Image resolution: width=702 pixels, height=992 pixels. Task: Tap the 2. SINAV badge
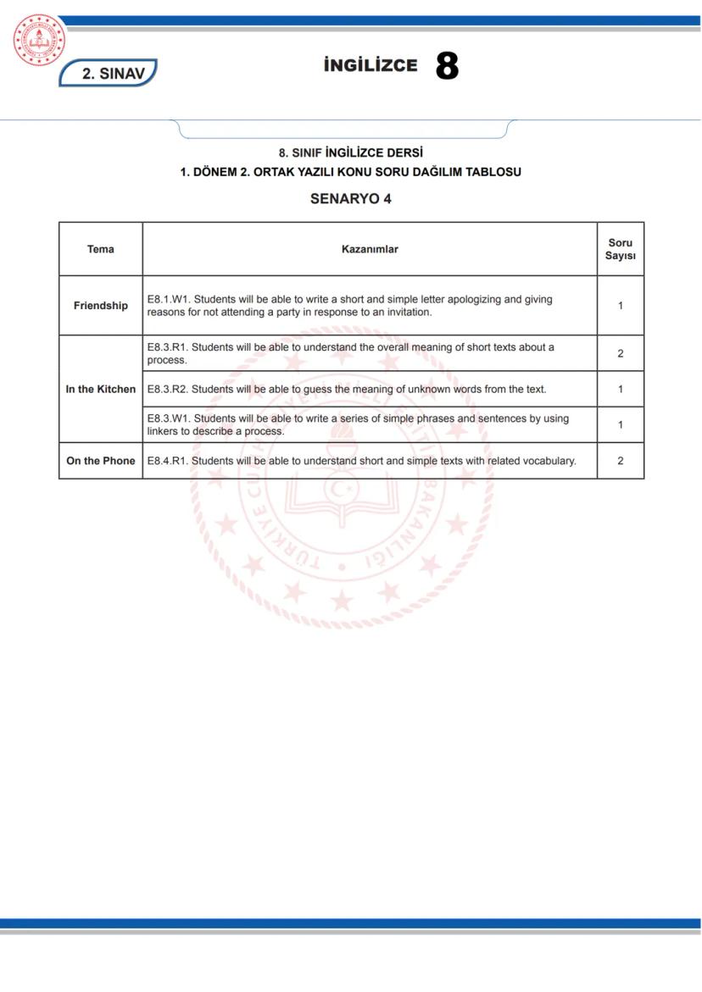(x=109, y=73)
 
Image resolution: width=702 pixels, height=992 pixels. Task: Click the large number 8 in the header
(x=447, y=66)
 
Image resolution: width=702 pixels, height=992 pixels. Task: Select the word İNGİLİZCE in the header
(x=370, y=66)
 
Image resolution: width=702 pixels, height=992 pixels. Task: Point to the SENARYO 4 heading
(x=350, y=199)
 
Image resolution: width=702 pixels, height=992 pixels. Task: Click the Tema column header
(x=100, y=249)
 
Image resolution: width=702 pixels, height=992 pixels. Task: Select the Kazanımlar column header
(x=369, y=249)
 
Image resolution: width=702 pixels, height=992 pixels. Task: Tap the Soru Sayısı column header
(x=620, y=249)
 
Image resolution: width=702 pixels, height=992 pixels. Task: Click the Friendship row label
(x=100, y=306)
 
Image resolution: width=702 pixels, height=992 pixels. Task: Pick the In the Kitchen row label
(x=100, y=389)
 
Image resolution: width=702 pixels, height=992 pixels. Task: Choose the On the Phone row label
(x=100, y=461)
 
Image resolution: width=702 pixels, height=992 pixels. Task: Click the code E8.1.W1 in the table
(x=168, y=299)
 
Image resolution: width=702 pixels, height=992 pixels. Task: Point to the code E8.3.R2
(x=168, y=389)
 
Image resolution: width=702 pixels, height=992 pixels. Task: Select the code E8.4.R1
(x=168, y=461)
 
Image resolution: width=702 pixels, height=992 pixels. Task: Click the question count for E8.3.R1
(x=620, y=353)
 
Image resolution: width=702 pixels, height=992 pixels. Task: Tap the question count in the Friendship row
(x=620, y=306)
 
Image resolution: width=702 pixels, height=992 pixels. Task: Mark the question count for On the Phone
(x=620, y=461)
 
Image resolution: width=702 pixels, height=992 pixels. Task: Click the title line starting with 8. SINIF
(x=350, y=153)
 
